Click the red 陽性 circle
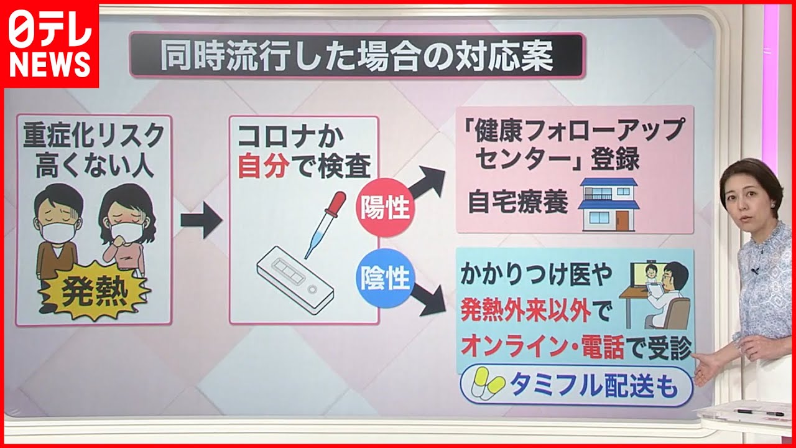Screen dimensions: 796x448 tap(385, 208)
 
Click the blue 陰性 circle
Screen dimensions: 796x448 tap(385, 278)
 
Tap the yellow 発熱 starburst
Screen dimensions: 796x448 tap(93, 292)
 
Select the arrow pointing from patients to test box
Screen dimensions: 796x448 tap(201, 220)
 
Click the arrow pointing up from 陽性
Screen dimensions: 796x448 tap(426, 183)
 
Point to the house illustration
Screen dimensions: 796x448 tap(609, 205)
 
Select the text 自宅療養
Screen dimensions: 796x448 tap(517, 202)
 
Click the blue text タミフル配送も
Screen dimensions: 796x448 tap(594, 385)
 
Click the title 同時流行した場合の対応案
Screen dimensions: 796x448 tap(356, 56)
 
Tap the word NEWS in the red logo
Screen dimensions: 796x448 tap(49, 65)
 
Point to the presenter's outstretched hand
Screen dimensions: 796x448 tap(708, 368)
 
